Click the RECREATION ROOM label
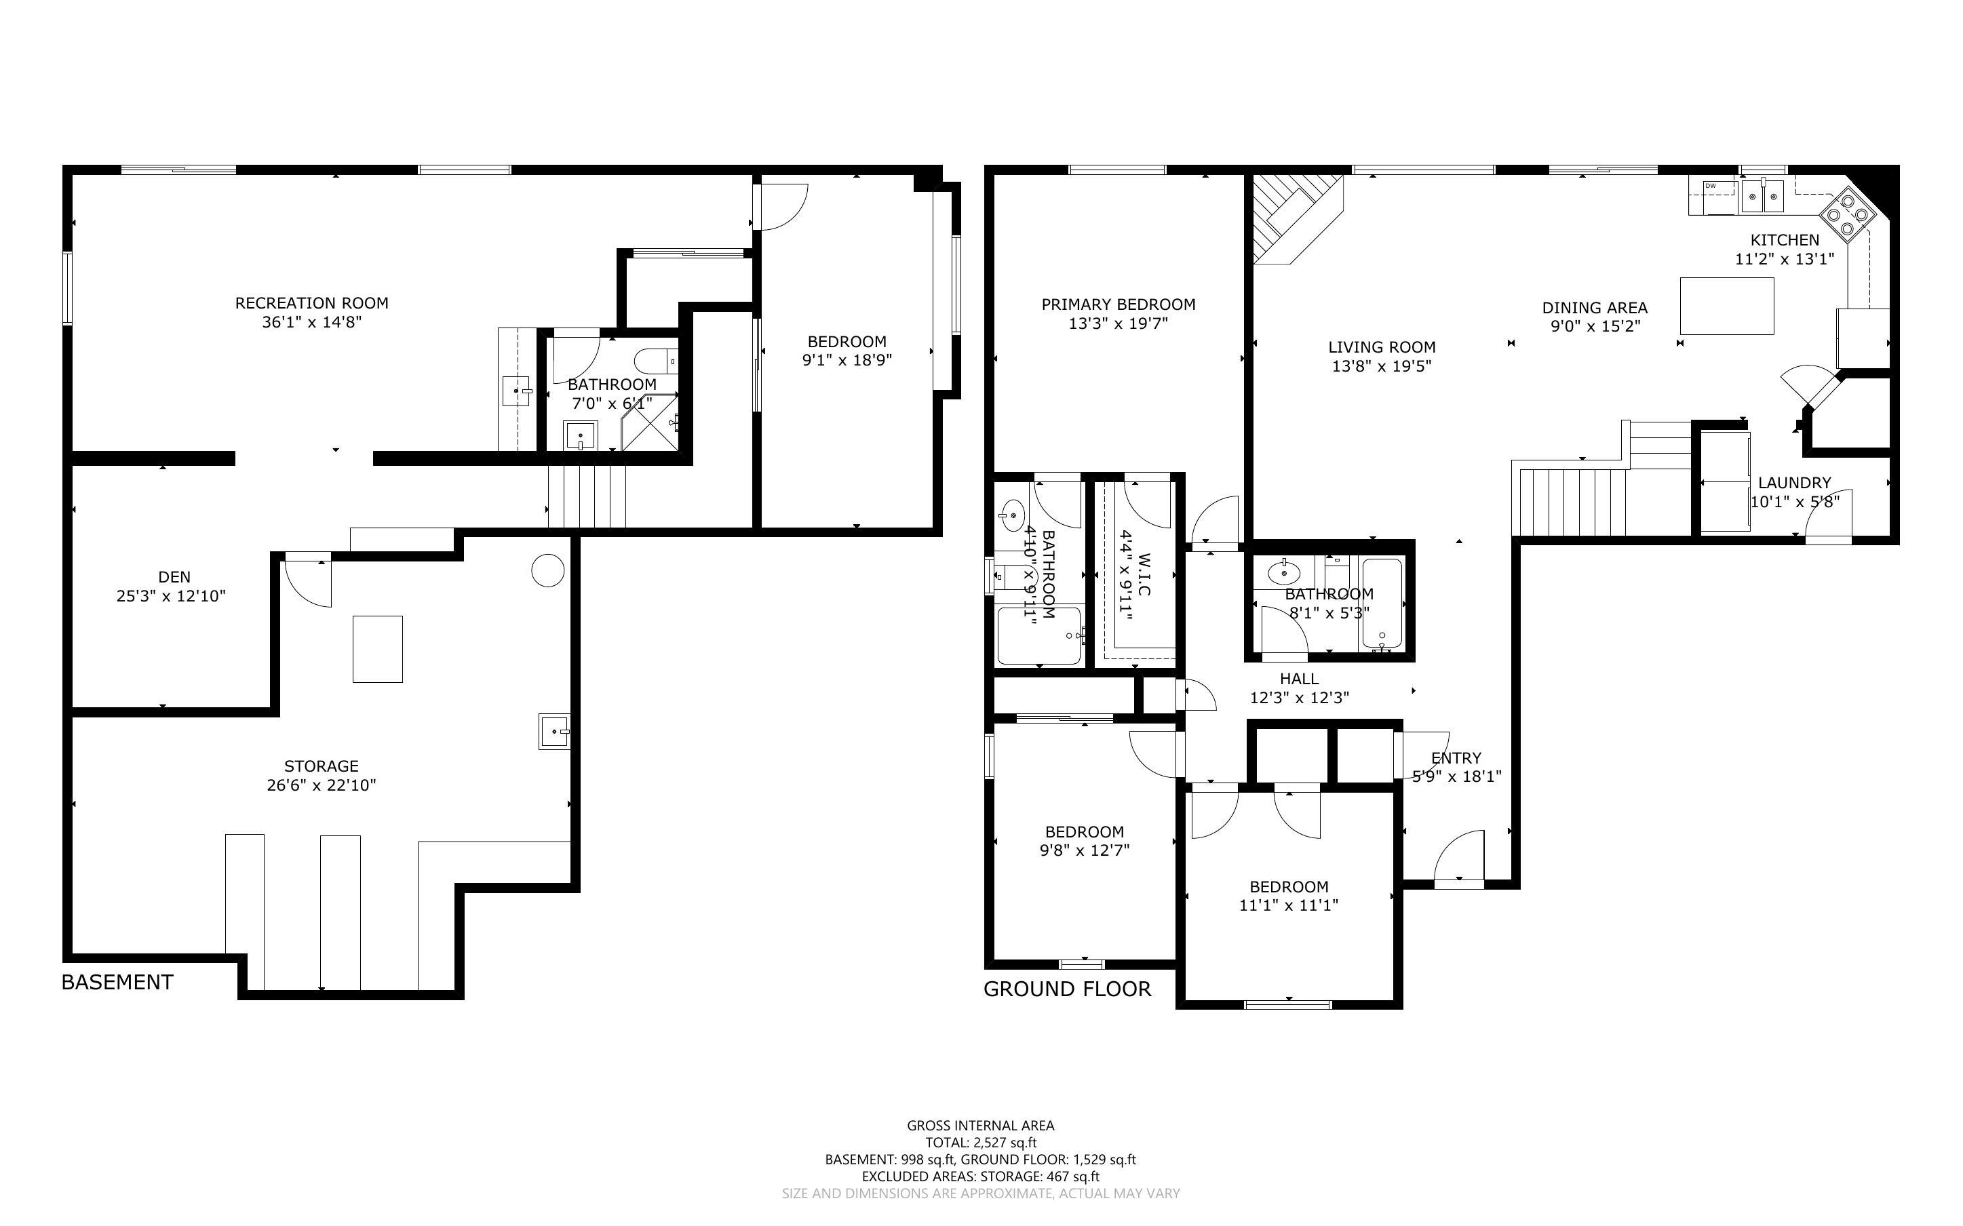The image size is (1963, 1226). [311, 303]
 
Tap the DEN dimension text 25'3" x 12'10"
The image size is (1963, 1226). [170, 597]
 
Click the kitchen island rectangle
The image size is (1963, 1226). [1726, 306]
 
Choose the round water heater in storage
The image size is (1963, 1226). [547, 570]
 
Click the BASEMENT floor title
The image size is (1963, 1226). [117, 983]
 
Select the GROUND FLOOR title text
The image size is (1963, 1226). [1067, 989]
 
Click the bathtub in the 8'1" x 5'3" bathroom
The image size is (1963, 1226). [1382, 604]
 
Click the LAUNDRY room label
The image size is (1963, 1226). [1793, 482]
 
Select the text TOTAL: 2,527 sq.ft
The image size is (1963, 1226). [980, 1143]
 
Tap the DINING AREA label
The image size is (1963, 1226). [1594, 308]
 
